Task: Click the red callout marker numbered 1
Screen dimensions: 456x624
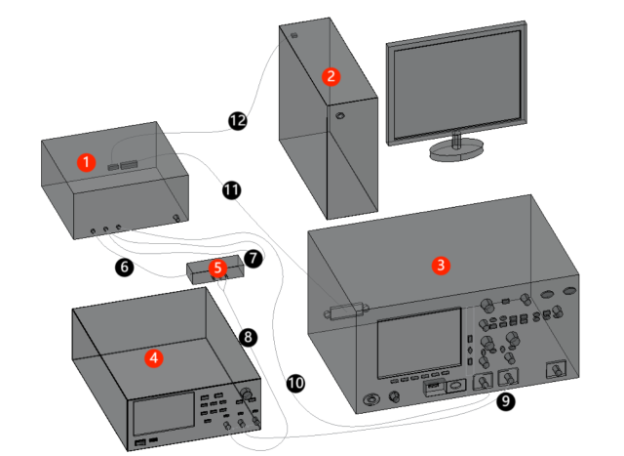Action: click(87, 161)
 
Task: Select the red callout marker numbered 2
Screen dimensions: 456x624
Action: click(331, 75)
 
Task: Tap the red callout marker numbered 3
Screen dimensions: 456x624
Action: click(441, 265)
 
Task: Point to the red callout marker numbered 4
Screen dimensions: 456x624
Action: click(152, 357)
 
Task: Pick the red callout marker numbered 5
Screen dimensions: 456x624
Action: click(218, 267)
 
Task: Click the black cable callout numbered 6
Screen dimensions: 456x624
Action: click(123, 265)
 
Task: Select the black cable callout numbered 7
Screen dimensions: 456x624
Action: click(253, 259)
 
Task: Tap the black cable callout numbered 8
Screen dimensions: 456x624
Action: click(248, 337)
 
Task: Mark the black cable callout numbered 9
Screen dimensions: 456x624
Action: click(504, 400)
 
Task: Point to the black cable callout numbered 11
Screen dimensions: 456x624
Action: click(231, 189)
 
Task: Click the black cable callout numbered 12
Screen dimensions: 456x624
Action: click(237, 120)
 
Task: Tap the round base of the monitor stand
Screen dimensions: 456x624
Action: click(456, 149)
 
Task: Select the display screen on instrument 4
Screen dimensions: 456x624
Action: click(162, 417)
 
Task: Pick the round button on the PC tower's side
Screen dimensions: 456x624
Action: click(339, 117)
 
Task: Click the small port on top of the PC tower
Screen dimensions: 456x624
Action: click(293, 36)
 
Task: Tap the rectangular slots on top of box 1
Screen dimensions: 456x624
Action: click(123, 166)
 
